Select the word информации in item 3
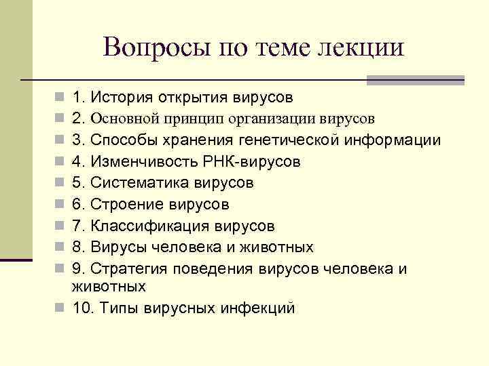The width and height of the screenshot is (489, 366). (393, 140)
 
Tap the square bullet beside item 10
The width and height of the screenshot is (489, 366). (60, 308)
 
